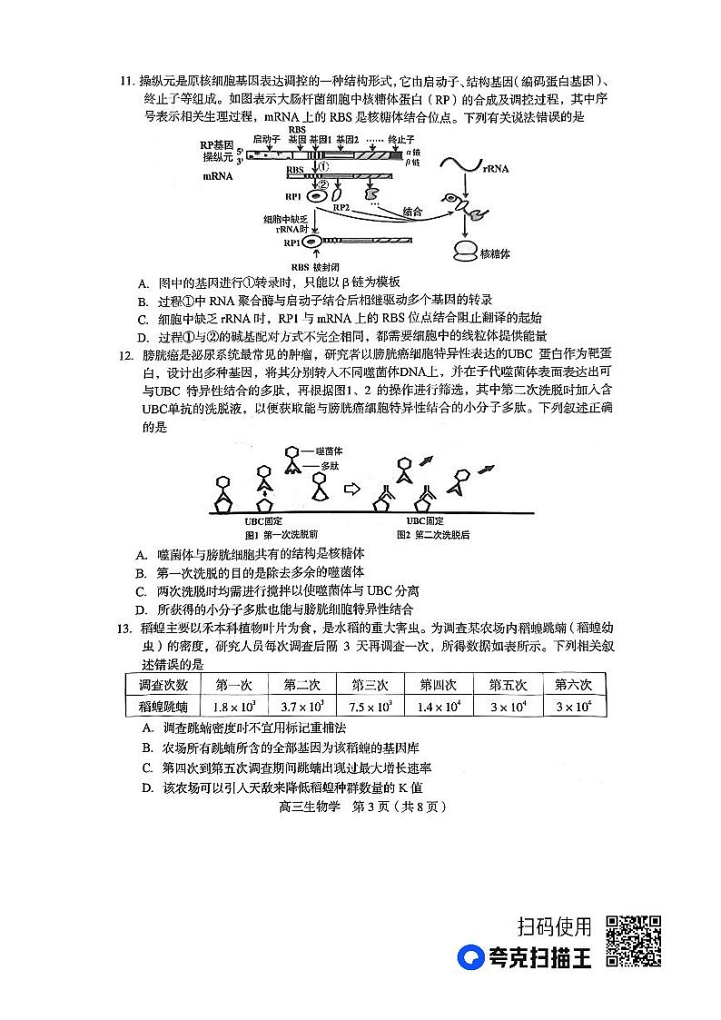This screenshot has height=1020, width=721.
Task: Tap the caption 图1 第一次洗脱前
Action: pyautogui.click(x=268, y=534)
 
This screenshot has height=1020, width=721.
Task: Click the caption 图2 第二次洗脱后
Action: pyautogui.click(x=434, y=534)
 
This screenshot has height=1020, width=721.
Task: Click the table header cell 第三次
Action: pyautogui.click(x=370, y=685)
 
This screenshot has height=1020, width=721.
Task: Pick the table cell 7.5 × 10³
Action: pyautogui.click(x=370, y=707)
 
